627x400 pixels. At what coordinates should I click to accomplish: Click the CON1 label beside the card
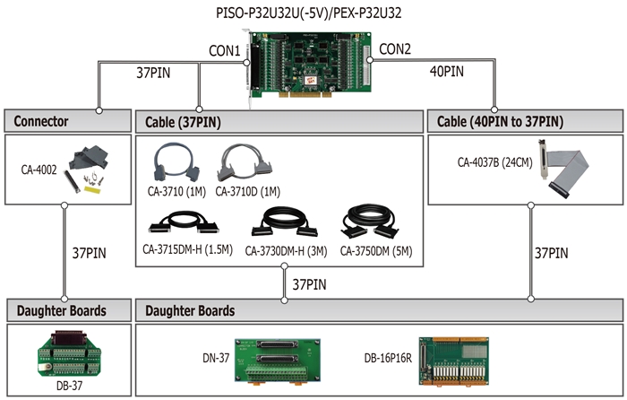224,51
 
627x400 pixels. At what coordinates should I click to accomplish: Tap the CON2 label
395,49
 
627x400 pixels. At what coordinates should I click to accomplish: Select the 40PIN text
447,72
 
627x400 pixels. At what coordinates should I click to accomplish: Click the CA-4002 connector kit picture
88,169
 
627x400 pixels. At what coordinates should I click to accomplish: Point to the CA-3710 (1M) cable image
176,163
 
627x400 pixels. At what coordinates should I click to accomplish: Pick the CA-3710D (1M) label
247,192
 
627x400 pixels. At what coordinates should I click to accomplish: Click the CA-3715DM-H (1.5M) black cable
184,222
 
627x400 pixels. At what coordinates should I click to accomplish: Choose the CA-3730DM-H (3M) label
286,251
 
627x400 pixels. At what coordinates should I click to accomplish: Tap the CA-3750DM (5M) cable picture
370,222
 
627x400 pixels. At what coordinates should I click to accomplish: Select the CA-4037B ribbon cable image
563,169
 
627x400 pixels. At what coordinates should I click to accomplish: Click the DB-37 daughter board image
69,354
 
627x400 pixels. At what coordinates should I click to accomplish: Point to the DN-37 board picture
277,362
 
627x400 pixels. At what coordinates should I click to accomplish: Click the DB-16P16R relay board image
453,361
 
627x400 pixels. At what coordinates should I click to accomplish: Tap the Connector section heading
41,121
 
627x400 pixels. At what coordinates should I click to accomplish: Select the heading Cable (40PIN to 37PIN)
500,121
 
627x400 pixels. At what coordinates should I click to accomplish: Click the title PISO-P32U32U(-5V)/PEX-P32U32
308,13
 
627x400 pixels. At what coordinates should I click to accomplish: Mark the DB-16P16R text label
388,358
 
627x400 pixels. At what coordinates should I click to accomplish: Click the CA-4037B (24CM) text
494,162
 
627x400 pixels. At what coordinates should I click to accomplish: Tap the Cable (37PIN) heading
183,122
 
